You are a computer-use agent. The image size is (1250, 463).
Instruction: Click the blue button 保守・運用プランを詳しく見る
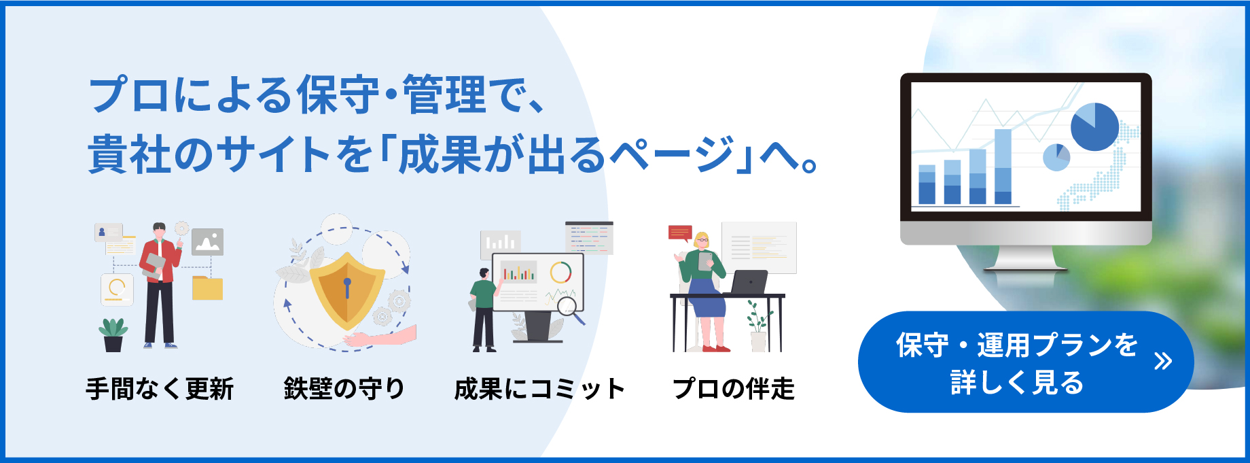[1026, 362]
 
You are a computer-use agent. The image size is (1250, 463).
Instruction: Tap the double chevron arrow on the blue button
[1163, 361]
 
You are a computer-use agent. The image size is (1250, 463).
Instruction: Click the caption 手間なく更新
[160, 389]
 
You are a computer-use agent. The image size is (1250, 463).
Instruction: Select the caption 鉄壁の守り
[344, 389]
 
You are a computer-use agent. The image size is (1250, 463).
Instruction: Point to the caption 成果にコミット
[539, 389]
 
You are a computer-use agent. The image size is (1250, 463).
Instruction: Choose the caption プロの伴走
[734, 389]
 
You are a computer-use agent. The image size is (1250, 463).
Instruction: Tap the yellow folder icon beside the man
[207, 288]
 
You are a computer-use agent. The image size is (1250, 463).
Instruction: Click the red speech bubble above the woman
[680, 233]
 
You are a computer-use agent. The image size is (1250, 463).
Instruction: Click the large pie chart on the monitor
[1094, 127]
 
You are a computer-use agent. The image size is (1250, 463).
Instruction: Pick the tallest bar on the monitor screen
[1003, 167]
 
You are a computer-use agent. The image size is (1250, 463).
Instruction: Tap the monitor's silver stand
[1025, 258]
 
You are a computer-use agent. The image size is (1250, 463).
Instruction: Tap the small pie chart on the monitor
[1056, 158]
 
